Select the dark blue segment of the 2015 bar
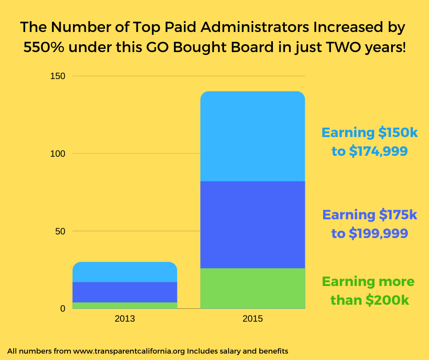[x=252, y=224]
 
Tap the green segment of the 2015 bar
[x=252, y=288]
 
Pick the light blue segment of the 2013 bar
[x=125, y=272]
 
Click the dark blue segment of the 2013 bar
[x=125, y=292]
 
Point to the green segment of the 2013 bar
[x=125, y=305]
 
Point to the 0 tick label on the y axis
[x=63, y=309]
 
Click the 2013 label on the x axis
[x=125, y=318]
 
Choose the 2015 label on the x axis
[x=252, y=318]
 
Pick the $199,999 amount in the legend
[x=378, y=233]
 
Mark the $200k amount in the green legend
[x=388, y=300]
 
